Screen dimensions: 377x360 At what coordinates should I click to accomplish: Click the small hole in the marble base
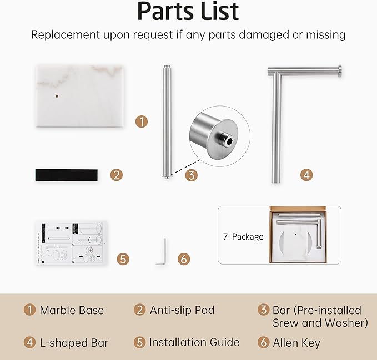(x=57, y=96)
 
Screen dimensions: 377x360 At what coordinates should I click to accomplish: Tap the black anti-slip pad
(x=67, y=175)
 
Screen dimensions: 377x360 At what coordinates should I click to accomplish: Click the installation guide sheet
(x=71, y=243)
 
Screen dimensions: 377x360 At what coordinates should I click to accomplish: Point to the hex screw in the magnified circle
(x=226, y=140)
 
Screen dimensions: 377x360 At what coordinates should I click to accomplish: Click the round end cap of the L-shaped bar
(x=339, y=72)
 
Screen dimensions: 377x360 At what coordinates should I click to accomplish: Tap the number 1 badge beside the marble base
(x=142, y=121)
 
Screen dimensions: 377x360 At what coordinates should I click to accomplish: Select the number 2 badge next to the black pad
(x=117, y=175)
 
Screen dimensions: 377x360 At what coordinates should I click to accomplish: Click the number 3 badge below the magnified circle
(x=192, y=175)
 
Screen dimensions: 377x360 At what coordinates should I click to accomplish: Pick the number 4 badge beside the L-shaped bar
(x=306, y=175)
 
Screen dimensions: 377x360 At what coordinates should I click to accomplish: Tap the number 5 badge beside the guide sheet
(x=123, y=259)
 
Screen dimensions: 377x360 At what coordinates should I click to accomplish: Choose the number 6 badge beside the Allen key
(x=184, y=259)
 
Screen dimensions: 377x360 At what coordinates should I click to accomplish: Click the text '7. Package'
(x=243, y=237)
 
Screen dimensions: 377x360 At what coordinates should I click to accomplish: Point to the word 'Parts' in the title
(x=167, y=11)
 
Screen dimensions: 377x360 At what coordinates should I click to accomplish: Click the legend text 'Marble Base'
(x=72, y=310)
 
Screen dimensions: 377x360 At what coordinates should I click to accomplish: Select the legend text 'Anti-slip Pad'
(x=182, y=310)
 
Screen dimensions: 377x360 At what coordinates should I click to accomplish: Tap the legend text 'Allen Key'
(x=296, y=343)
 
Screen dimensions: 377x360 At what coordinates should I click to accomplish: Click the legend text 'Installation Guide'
(x=194, y=342)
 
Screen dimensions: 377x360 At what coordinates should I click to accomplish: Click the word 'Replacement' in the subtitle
(x=66, y=35)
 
